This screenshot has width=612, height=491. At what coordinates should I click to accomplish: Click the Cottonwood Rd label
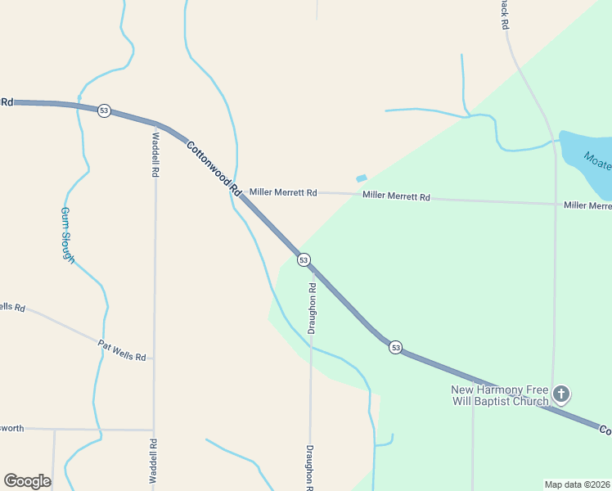212,169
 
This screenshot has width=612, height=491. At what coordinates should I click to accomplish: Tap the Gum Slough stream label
68,234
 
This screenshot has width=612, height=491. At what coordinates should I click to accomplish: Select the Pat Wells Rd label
121,351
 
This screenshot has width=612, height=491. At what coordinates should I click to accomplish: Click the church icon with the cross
561,394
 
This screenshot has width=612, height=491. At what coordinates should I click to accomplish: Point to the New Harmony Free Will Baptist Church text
500,395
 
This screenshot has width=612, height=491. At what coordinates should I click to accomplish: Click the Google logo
27,480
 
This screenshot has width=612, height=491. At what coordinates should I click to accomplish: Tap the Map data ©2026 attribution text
577,484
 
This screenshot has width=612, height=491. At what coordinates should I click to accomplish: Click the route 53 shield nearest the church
395,347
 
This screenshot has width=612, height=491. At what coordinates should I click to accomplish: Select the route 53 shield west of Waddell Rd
104,110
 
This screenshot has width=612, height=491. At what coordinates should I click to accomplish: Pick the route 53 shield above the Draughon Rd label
304,259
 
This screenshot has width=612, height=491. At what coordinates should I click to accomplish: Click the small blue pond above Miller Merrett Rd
362,178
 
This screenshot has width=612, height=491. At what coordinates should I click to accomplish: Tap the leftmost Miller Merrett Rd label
283,192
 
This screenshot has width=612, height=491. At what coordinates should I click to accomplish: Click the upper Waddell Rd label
155,155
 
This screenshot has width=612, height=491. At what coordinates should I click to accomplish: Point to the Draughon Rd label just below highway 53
312,308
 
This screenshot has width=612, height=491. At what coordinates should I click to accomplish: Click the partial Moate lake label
600,160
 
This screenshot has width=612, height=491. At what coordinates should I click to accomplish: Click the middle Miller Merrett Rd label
396,196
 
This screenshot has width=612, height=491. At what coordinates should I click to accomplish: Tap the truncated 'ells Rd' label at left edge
12,307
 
